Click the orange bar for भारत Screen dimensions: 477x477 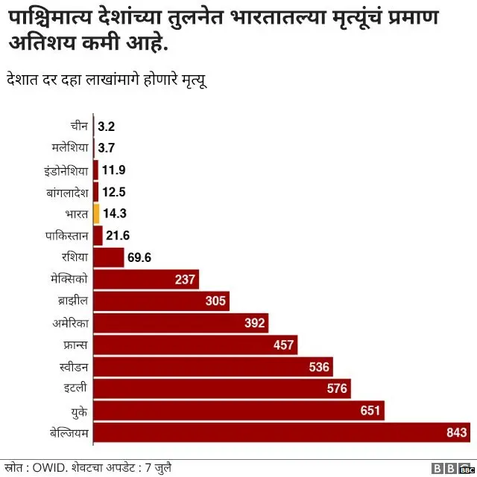(96, 214)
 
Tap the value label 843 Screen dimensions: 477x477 (456, 432)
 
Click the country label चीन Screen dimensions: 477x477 (80, 127)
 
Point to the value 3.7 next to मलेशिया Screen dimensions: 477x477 (106, 148)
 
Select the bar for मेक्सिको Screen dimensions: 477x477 (146, 280)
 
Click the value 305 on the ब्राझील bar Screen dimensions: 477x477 (215, 301)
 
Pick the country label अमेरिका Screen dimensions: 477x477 (71, 323)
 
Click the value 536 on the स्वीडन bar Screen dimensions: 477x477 (319, 367)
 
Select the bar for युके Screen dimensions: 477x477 (238, 410)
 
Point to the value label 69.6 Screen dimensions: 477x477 (139, 258)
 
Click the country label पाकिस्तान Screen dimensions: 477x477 (67, 236)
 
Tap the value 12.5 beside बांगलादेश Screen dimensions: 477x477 (113, 192)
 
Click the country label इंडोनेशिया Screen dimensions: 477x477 (66, 170)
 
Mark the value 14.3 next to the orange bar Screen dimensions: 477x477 (115, 214)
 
